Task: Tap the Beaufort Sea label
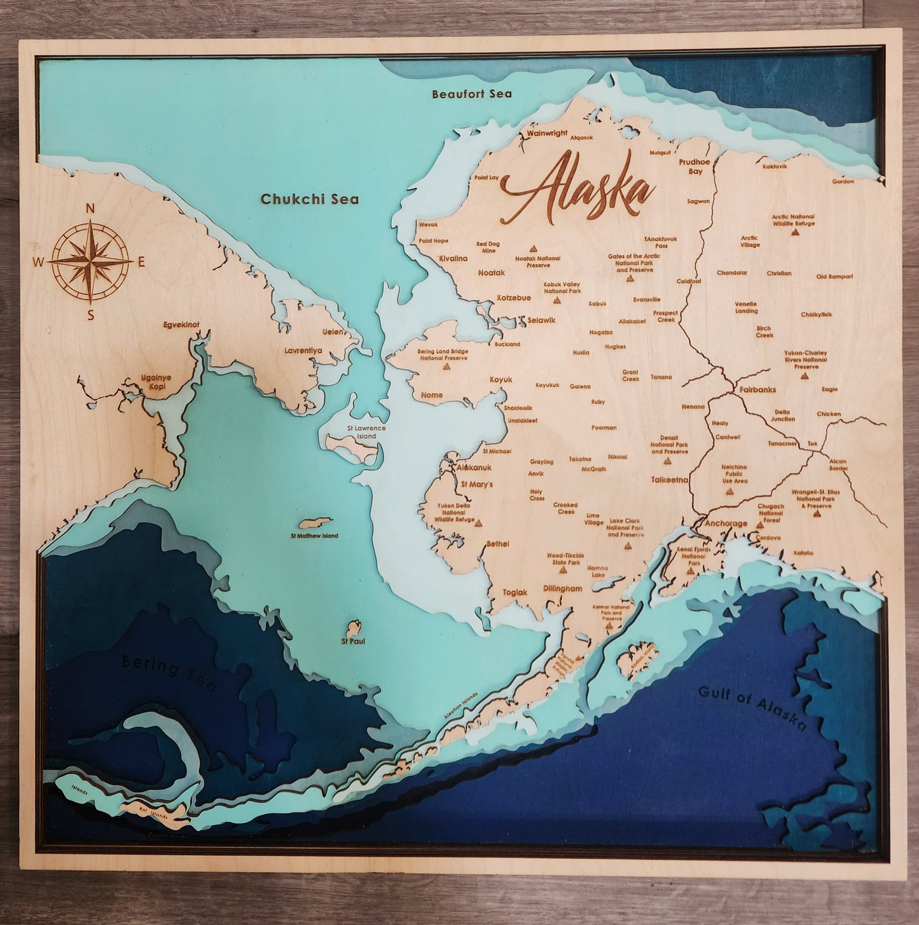(x=471, y=94)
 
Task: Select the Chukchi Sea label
(x=310, y=199)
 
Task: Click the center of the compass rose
(x=90, y=260)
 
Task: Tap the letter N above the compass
(x=90, y=208)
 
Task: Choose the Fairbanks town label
(x=757, y=389)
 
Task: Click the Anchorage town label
(x=726, y=523)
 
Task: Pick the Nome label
(x=432, y=395)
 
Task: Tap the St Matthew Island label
(x=315, y=536)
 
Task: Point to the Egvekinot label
(x=181, y=325)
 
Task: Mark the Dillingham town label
(x=563, y=588)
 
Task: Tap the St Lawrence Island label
(x=366, y=432)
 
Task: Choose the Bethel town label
(x=497, y=544)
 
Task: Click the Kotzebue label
(x=513, y=297)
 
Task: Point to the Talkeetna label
(x=669, y=480)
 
